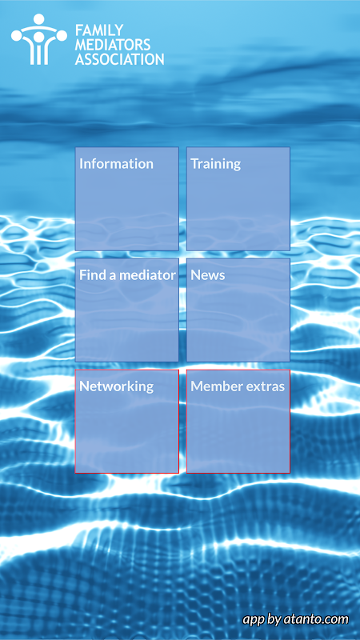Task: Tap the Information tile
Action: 127,198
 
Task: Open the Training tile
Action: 238,198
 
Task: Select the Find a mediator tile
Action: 127,310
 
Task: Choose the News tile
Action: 238,310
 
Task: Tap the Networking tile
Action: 127,422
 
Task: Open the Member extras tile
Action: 238,422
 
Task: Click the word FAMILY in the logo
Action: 99,30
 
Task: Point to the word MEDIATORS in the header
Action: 113,45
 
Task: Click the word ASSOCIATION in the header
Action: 119,59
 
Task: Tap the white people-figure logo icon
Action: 39,39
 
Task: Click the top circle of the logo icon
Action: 39,19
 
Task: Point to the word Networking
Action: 116,386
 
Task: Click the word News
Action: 208,275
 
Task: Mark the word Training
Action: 215,164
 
